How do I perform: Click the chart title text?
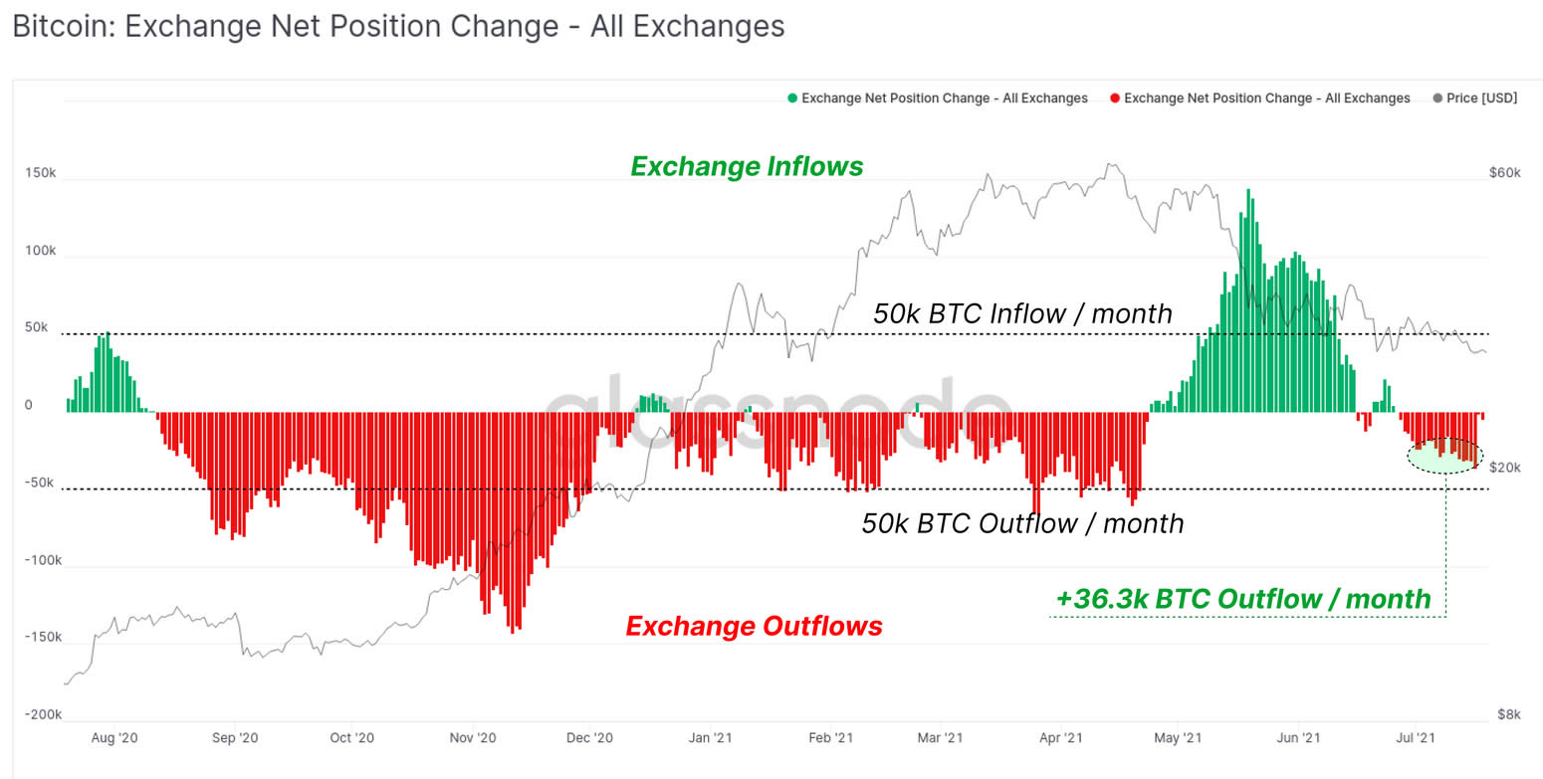coord(398,27)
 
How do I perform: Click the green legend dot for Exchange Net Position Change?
coord(792,98)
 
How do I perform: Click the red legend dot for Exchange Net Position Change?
coord(1115,98)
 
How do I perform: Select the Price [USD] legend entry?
coord(1474,98)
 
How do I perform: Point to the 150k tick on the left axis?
coord(41,173)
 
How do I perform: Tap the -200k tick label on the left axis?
coord(44,714)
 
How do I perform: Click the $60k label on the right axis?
coord(1504,173)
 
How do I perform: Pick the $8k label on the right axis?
coord(1508,714)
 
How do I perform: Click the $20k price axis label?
coord(1504,468)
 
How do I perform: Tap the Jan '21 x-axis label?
coord(711,738)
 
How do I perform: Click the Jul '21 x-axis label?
coord(1415,738)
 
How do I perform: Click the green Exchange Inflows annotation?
coord(747,166)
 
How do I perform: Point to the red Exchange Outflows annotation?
coord(754,626)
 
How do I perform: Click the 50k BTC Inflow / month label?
coord(1022,313)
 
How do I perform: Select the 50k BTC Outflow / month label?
coord(1022,522)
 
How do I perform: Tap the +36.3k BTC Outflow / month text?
coord(1243,599)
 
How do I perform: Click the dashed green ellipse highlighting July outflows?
coord(1444,456)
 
